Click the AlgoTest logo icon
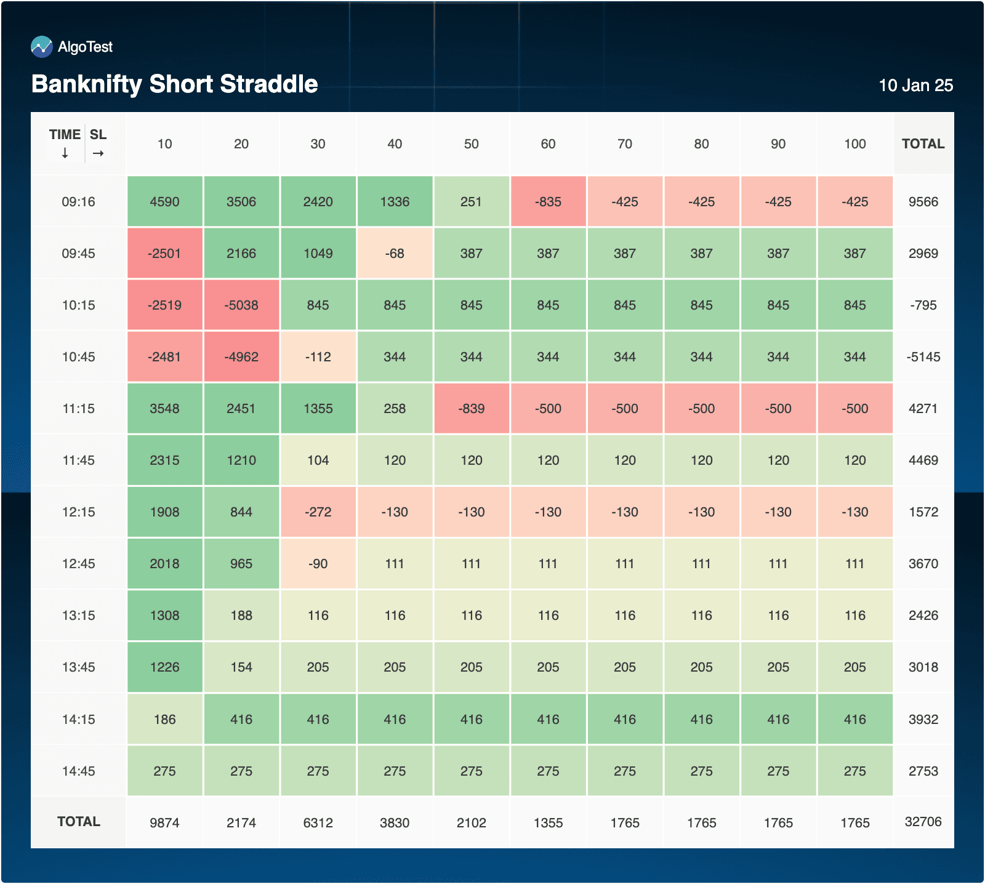(x=41, y=47)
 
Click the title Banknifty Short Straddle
(x=174, y=84)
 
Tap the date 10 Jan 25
(x=915, y=86)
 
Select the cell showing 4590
(x=164, y=202)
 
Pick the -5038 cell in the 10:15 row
(x=241, y=305)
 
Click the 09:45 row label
(x=78, y=254)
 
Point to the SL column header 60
(x=548, y=144)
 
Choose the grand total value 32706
(x=923, y=822)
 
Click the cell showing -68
(x=395, y=254)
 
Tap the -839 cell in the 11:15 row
(x=472, y=409)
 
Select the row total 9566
(x=923, y=202)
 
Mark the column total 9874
(x=164, y=823)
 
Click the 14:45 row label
(x=78, y=771)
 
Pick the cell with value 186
(x=164, y=720)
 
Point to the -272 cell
(x=318, y=512)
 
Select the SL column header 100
(x=854, y=144)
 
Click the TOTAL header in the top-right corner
(x=923, y=144)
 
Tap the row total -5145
(x=923, y=357)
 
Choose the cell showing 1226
(x=164, y=667)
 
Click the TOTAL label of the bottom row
(x=78, y=822)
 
